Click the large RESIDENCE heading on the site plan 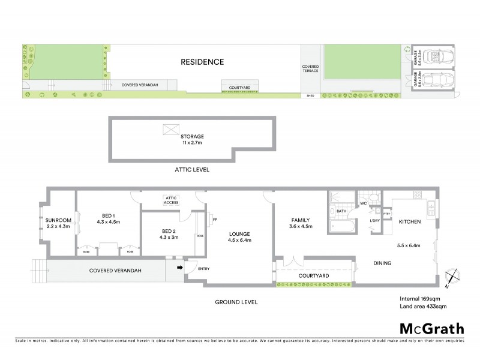pos(203,62)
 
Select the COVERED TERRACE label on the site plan pos(311,69)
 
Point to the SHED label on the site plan pos(310,95)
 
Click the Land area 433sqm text pos(422,306)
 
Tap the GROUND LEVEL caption pos(237,302)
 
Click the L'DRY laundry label pos(374,224)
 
